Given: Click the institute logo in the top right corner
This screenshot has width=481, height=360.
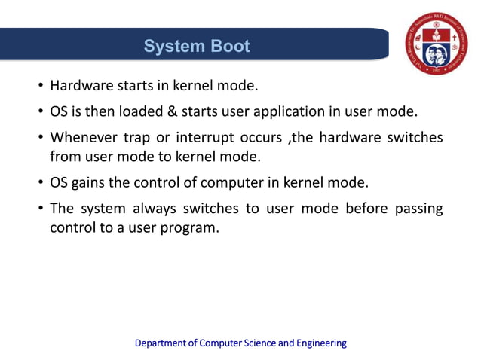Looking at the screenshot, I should tap(437, 43).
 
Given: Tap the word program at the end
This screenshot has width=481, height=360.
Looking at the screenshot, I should tap(192, 227).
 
